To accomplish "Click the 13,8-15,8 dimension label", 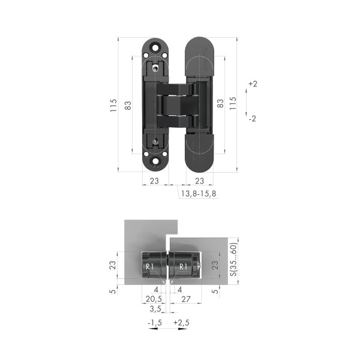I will click(199, 194).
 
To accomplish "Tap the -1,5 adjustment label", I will click(154, 323).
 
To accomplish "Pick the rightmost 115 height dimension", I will click(233, 103).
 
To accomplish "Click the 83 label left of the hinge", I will click(127, 105).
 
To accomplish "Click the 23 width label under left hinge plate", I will click(154, 181).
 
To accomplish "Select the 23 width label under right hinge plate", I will click(199, 181).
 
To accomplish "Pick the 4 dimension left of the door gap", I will click(155, 289).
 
